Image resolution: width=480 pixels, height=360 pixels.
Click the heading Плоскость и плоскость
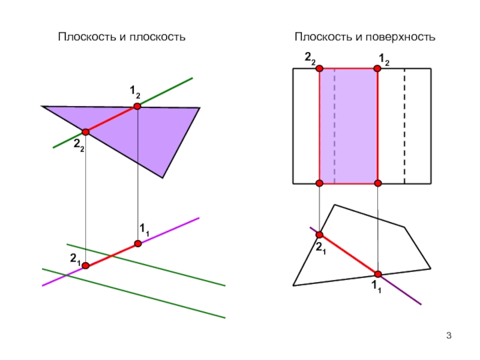tap(122, 37)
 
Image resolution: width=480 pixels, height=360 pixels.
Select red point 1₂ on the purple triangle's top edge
tap(137, 106)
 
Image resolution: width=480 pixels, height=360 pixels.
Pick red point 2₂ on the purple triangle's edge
tap(86, 131)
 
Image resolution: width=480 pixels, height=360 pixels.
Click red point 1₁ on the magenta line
tap(137, 244)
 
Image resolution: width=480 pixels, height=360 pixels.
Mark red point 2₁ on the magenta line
tap(86, 265)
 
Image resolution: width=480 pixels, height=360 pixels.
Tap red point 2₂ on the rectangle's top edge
tap(320, 69)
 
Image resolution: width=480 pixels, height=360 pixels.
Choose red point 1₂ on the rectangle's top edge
tap(377, 69)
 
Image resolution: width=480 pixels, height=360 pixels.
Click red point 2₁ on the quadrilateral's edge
tap(320, 235)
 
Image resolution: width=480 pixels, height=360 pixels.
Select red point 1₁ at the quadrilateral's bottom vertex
tap(377, 274)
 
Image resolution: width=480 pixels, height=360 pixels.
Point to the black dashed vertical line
tap(405, 126)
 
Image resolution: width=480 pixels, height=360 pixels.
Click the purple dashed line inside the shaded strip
tap(334, 126)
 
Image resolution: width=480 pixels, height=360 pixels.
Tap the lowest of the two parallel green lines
tap(132, 293)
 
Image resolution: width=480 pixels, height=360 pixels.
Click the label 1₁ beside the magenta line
tap(145, 229)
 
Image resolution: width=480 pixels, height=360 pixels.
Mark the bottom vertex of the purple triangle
tap(163, 178)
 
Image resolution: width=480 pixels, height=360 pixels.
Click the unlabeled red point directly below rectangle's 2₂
tap(320, 183)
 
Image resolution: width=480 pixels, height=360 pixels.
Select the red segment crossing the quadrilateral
tap(349, 254)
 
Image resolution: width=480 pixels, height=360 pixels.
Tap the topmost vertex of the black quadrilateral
tap(334, 205)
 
